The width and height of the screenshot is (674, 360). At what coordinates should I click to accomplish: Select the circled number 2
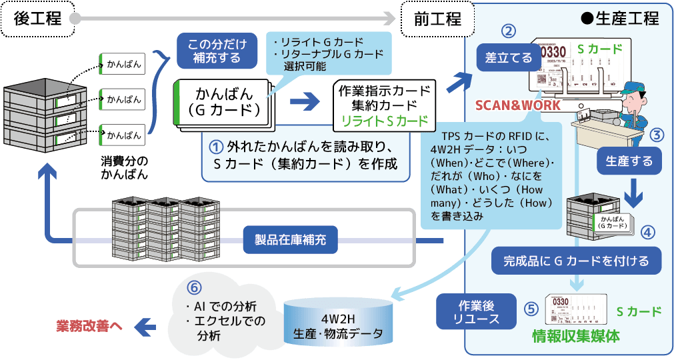(509, 31)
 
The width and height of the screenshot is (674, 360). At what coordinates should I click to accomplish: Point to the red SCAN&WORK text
(517, 105)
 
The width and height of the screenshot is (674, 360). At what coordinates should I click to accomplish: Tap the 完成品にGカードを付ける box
(577, 261)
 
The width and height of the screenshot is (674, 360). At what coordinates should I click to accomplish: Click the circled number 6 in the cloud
(193, 289)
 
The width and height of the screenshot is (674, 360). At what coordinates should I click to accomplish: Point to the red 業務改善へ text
(89, 326)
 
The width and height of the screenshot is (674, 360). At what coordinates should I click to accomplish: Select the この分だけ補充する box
(217, 51)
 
